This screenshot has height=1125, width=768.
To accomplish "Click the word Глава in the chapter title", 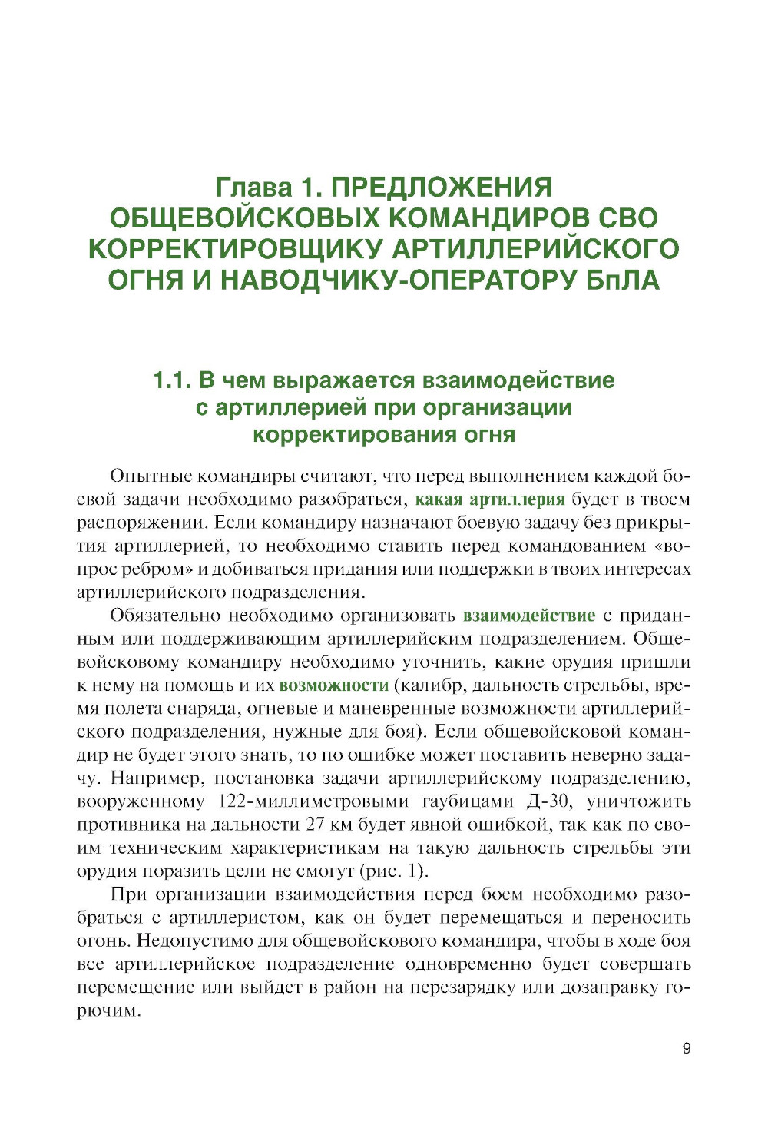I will click(252, 187).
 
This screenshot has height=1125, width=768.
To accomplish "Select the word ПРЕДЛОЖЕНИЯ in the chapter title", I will click(442, 187).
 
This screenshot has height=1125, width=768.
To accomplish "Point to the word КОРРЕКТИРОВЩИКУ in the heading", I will click(235, 249).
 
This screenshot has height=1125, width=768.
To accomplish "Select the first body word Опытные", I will click(150, 476).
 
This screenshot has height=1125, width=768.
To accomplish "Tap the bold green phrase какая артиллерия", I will click(490, 499).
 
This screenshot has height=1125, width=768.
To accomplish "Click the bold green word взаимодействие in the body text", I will click(529, 616).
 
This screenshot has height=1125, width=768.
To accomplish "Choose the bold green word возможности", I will click(334, 685).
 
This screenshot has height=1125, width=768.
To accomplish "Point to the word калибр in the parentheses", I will click(424, 685).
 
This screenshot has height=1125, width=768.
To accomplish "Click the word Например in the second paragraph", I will click(146, 778).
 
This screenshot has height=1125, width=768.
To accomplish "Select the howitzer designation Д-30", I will click(549, 801).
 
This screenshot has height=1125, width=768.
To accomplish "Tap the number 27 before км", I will click(316, 825).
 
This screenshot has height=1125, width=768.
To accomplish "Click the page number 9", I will click(687, 1048).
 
